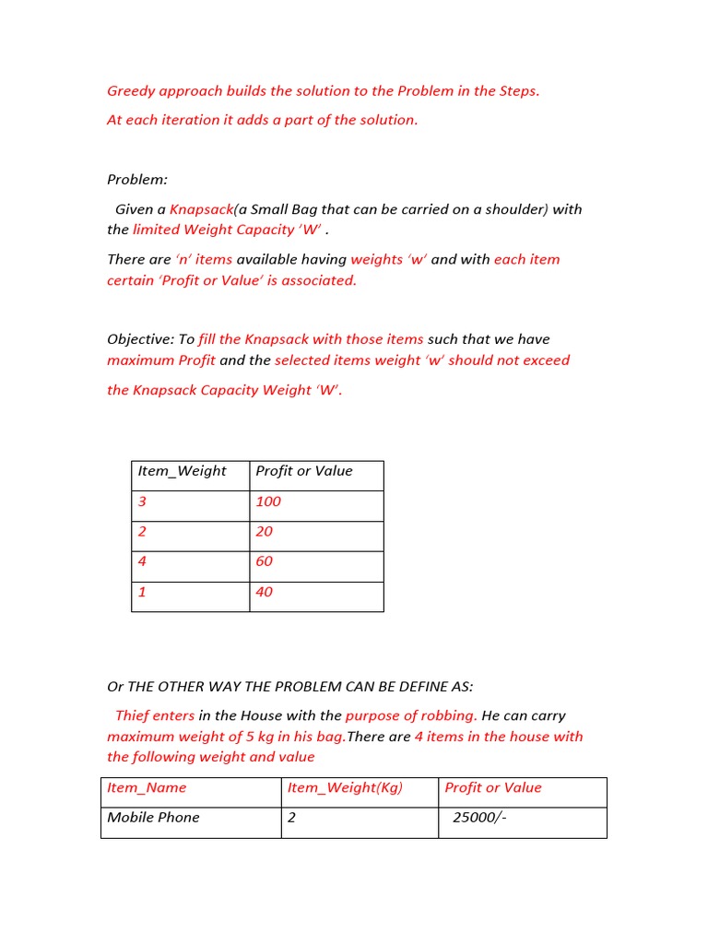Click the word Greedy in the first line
coord(132,91)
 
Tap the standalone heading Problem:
coord(137,180)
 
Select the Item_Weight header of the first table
coord(182,471)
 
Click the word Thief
coord(132,715)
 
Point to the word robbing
coord(446,715)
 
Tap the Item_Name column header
coord(147,788)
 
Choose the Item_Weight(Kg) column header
coord(345,788)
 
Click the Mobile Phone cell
coord(153,818)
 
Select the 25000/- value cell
coord(479,818)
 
